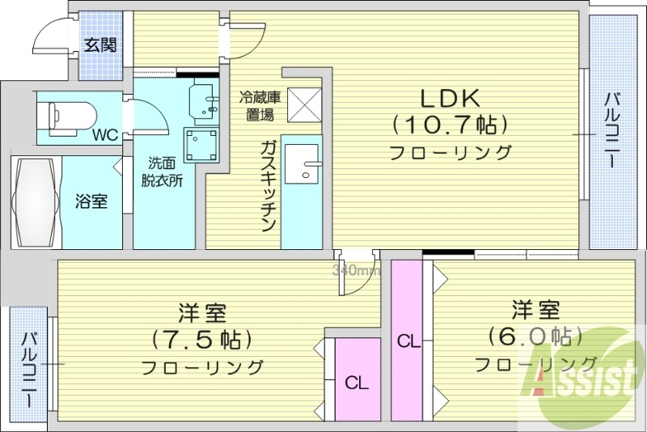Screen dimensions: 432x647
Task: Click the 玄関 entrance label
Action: (100, 44)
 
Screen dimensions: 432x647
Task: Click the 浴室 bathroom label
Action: (91, 201)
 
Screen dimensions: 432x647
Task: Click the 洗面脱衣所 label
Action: (164, 170)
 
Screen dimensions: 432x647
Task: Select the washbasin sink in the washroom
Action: (205, 100)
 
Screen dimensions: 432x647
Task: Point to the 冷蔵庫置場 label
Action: (260, 106)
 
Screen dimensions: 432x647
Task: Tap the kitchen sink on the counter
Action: (307, 165)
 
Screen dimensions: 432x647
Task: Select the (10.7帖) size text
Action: (450, 125)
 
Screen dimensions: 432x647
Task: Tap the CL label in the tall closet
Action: (408, 341)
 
